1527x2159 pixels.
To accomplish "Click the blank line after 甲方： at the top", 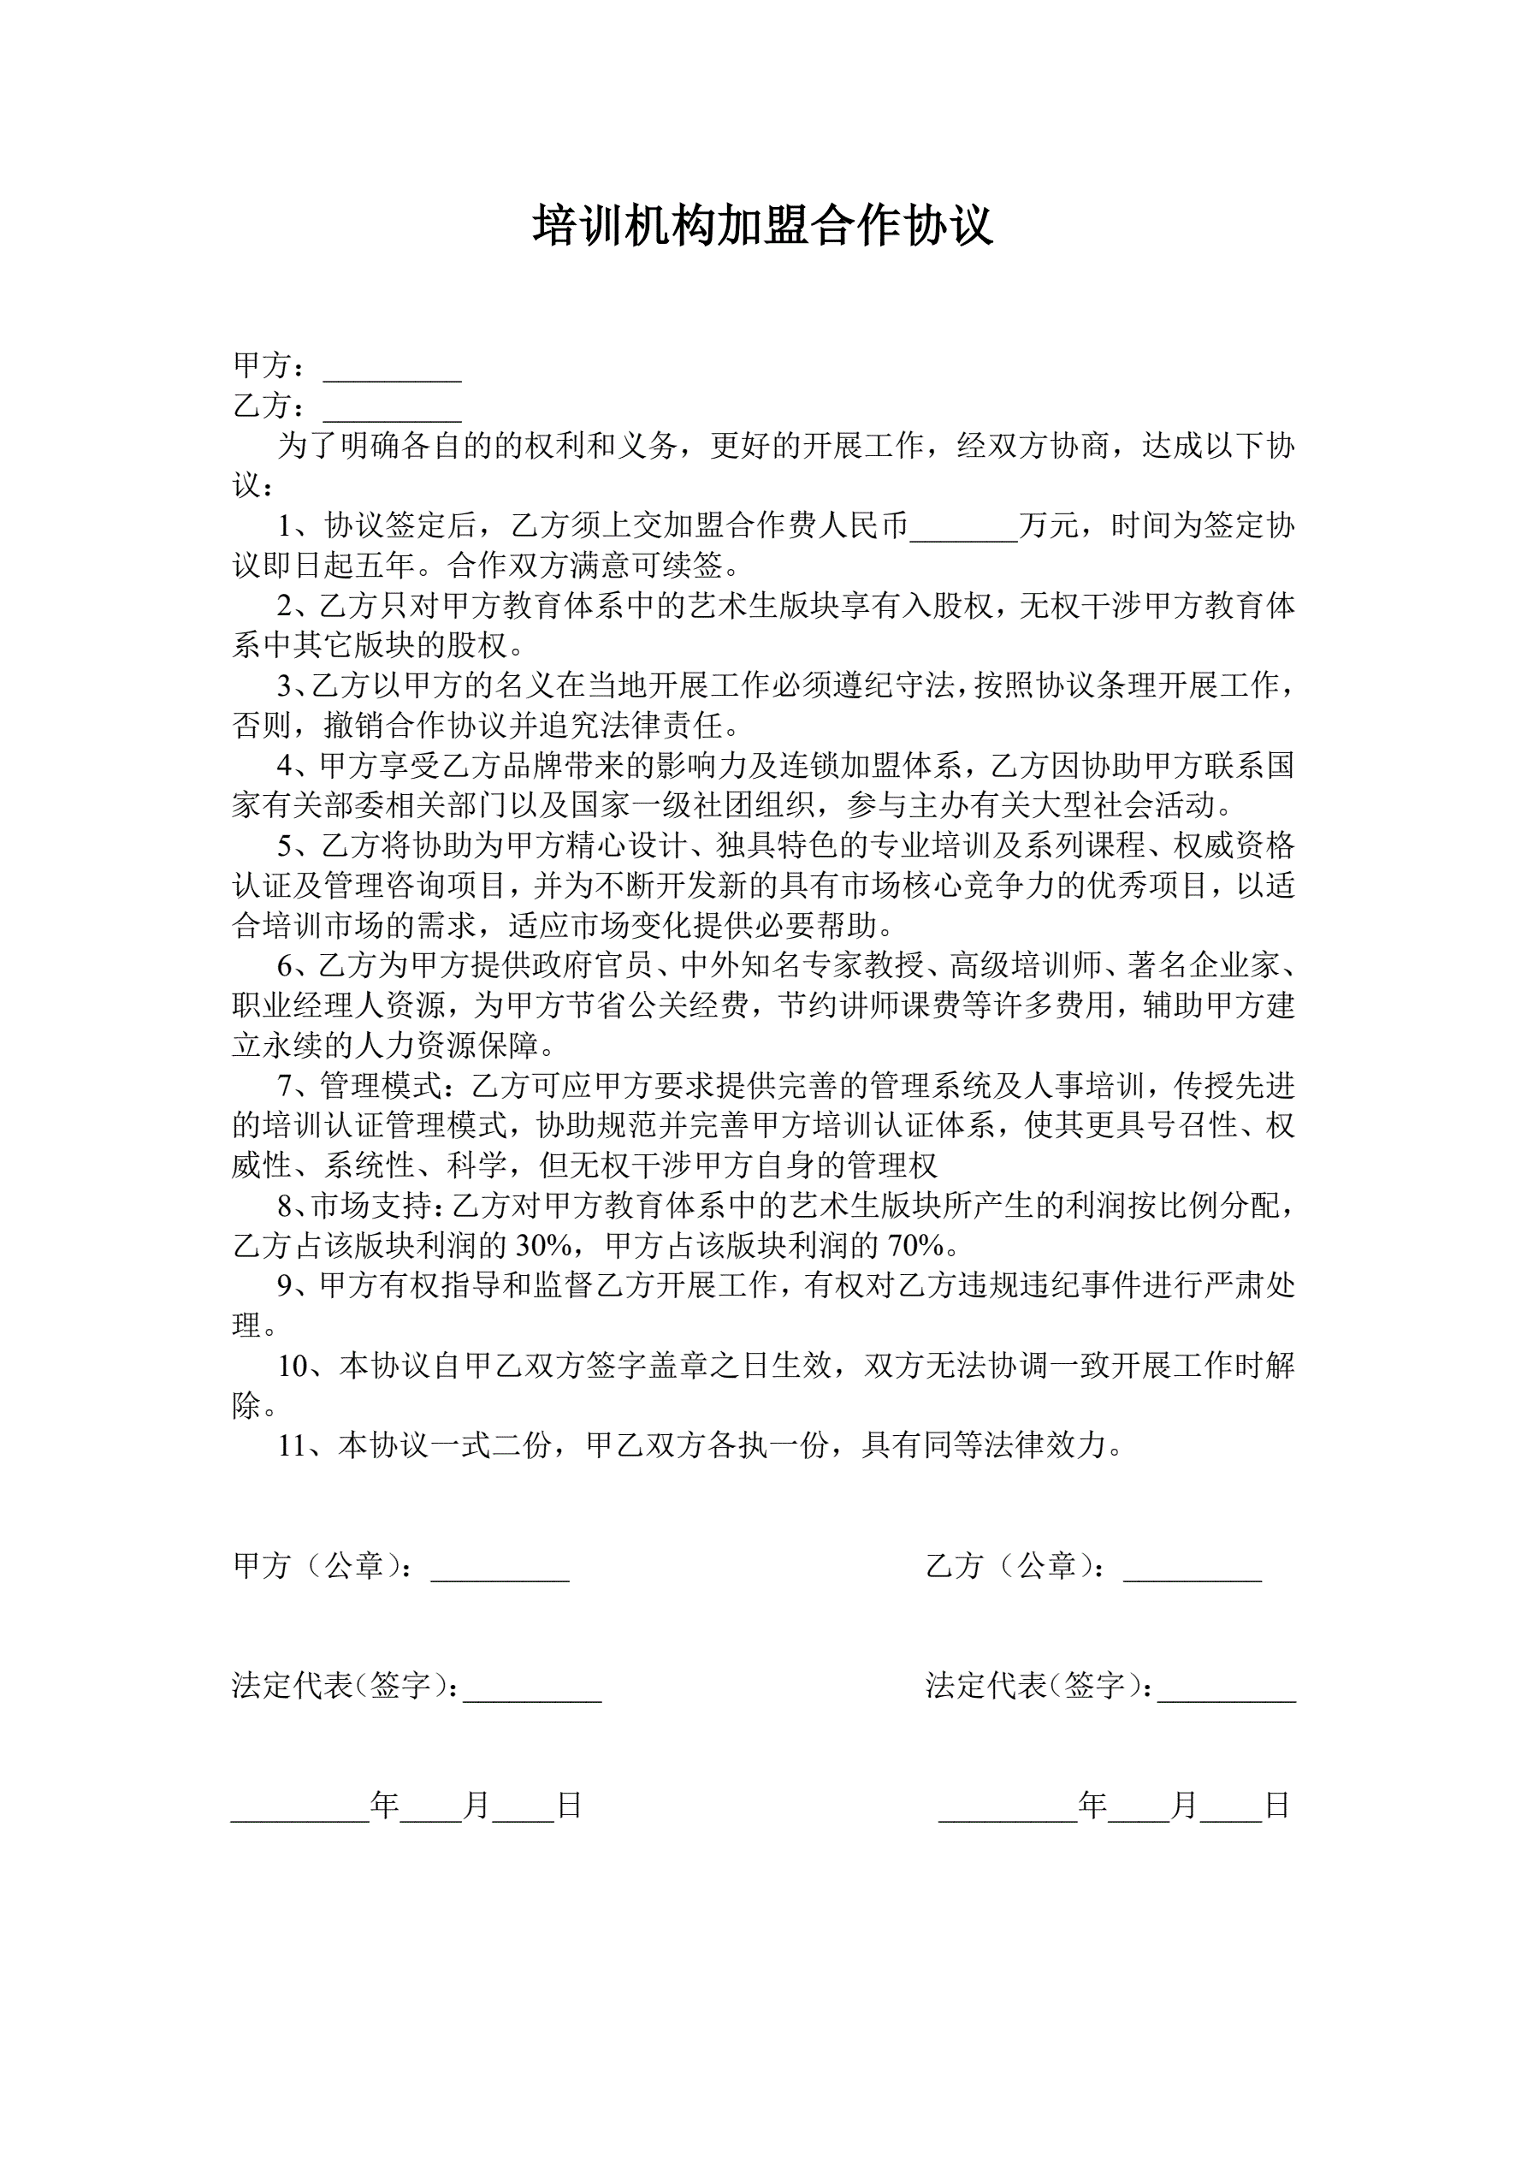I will pyautogui.click(x=392, y=373).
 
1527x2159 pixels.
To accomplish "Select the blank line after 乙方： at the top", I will pyautogui.click(x=392, y=414).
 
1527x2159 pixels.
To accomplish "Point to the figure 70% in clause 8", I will pyautogui.click(x=916, y=1246).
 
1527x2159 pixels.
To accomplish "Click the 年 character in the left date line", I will pyautogui.click(x=385, y=1805).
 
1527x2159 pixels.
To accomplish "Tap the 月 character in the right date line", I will pyautogui.click(x=1184, y=1805).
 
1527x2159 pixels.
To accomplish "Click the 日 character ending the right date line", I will pyautogui.click(x=1277, y=1805).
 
